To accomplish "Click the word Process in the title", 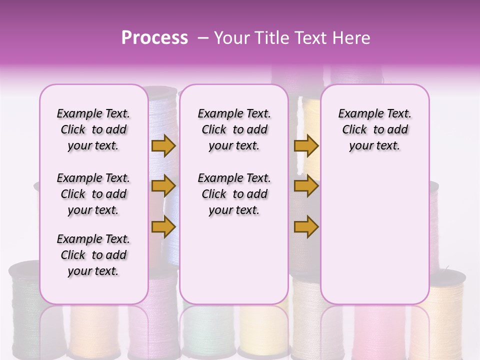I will pos(154,38).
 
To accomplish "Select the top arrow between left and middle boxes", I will pos(163,146).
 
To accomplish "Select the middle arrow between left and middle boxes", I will pos(163,186).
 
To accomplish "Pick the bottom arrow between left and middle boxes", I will pos(163,226).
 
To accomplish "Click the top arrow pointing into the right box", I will pos(306,146).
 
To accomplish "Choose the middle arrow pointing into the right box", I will pos(306,186).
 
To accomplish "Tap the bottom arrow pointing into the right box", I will pos(306,226).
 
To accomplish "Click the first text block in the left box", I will pos(93,129).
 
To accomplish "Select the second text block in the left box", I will pos(93,194).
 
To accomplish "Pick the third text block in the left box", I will pos(93,255).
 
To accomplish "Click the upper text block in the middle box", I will pos(234,129).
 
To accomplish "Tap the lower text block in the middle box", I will pos(234,194).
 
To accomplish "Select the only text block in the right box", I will pos(374,129).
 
